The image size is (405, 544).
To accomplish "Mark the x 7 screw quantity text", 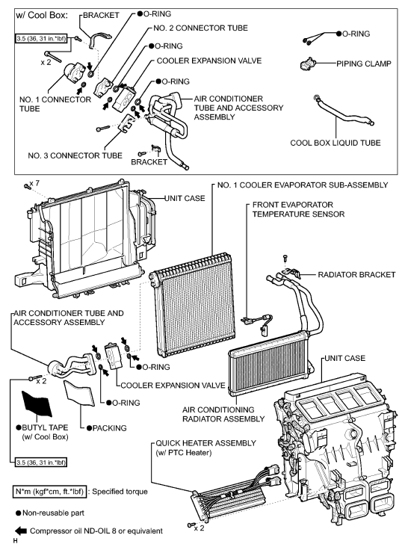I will click(x=31, y=184).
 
